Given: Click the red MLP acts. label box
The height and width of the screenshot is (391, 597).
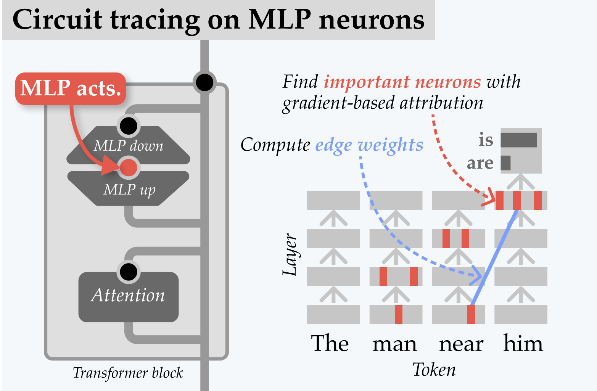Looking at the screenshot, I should [71, 88].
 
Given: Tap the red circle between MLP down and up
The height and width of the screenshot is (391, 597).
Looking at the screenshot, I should [129, 167].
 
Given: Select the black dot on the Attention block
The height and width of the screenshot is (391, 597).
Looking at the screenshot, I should [129, 272].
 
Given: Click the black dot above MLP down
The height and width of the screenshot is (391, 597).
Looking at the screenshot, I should [129, 126].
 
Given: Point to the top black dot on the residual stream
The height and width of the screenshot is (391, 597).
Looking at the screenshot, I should [204, 82].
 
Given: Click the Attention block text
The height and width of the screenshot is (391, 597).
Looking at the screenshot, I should [128, 296].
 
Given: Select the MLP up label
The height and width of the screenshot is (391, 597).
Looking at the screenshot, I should [129, 190].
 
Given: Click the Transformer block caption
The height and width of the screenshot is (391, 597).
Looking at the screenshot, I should [128, 373].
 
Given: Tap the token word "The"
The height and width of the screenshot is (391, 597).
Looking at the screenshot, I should [330, 343].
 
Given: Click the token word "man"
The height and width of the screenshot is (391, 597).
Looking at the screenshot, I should [394, 344].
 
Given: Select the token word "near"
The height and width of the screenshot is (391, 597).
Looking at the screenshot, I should [461, 344].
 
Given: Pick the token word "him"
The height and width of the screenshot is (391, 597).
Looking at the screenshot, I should [523, 343].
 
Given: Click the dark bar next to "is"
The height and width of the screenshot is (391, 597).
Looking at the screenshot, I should [518, 140].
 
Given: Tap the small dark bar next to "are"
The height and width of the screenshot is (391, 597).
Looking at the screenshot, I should [505, 163].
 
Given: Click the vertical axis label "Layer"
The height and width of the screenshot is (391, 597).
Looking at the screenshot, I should [290, 254].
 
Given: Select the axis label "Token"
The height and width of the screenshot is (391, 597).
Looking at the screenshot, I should [434, 370].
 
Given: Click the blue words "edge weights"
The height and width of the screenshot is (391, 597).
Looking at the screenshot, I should [369, 145].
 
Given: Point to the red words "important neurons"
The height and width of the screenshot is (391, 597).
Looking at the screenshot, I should [402, 82].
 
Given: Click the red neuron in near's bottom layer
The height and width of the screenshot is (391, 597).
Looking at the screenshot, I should [471, 315].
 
